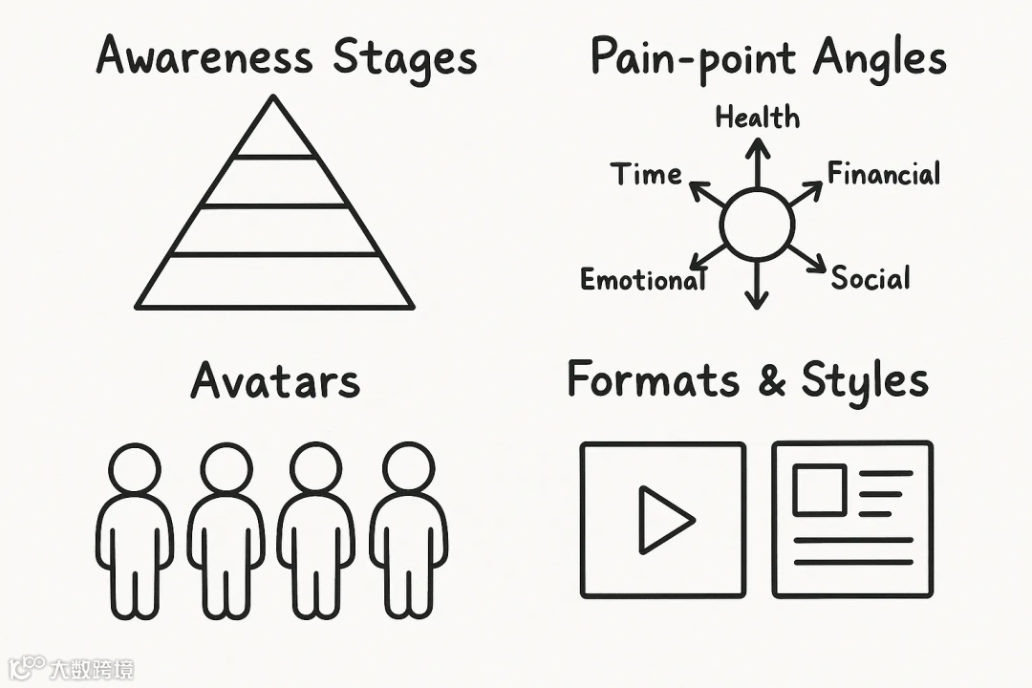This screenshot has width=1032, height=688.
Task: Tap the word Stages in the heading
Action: [404, 59]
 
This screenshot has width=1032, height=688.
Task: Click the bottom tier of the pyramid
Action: [274, 282]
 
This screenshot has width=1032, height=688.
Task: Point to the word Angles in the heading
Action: [880, 59]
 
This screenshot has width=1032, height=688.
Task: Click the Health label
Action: [758, 118]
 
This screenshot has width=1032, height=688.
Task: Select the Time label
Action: [646, 175]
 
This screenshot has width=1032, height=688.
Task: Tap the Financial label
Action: [884, 174]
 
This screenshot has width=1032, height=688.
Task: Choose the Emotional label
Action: [643, 280]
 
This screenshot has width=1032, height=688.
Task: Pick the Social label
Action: [871, 278]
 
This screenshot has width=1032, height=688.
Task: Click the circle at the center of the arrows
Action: [758, 225]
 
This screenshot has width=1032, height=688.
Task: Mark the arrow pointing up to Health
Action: [758, 162]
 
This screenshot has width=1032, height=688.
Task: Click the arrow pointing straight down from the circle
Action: [757, 287]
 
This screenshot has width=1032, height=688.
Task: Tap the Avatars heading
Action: [275, 381]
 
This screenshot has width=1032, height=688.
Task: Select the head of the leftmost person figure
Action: [135, 468]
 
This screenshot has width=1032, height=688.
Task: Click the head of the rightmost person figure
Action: [409, 468]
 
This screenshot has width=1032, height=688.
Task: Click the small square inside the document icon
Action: [819, 489]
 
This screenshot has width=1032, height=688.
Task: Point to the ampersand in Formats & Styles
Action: [770, 381]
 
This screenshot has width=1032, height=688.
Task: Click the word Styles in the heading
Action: [865, 382]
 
